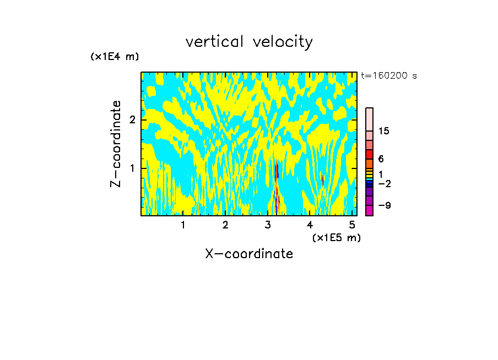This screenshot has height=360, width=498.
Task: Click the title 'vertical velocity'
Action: [249, 42]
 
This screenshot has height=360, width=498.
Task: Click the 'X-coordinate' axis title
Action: [249, 254]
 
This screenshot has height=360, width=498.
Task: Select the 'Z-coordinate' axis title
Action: [116, 144]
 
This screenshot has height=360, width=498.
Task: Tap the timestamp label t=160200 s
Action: [388, 76]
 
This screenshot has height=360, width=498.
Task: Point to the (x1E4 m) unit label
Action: [115, 57]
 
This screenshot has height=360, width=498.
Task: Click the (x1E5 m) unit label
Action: [336, 237]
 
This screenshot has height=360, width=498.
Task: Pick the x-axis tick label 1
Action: [183, 225]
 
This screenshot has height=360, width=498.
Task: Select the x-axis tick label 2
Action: [225, 225]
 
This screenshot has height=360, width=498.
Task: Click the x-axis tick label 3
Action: [268, 225]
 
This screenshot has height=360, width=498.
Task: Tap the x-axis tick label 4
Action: [310, 225]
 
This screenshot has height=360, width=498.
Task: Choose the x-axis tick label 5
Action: [352, 225]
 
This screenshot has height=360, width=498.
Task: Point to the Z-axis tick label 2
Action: [131, 120]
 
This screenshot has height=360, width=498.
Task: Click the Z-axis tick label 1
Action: [131, 168]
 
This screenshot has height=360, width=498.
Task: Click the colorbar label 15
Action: [384, 131]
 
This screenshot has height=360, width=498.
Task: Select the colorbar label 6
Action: [381, 159]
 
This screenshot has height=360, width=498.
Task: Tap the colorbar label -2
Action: [384, 184]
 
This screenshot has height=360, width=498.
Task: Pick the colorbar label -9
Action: [384, 205]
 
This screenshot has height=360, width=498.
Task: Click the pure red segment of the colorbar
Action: [370, 155]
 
